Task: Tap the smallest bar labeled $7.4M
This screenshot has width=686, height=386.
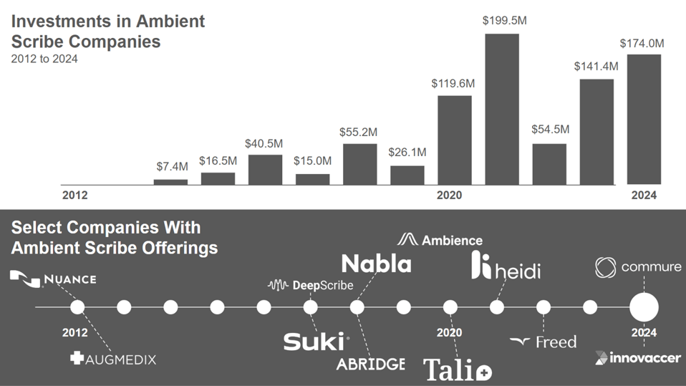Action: (170, 182)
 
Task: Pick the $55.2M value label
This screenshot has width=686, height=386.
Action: (359, 132)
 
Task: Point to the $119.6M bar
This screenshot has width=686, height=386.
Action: (454, 140)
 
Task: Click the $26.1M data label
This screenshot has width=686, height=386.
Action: (407, 153)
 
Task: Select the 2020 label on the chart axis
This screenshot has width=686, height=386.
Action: (449, 195)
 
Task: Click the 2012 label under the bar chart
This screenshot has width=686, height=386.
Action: (74, 195)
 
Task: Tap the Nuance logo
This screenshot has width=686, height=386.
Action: (53, 279)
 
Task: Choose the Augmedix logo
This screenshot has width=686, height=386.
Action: (113, 358)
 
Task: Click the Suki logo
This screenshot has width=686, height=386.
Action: (316, 342)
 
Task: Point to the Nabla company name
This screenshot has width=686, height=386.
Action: (376, 264)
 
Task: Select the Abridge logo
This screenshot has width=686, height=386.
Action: (370, 363)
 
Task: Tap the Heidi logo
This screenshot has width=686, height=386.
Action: (506, 266)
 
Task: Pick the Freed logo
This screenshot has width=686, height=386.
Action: (543, 342)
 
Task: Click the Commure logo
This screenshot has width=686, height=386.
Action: (638, 268)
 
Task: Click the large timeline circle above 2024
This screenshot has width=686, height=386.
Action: (643, 307)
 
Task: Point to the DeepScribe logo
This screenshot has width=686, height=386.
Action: (310, 285)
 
